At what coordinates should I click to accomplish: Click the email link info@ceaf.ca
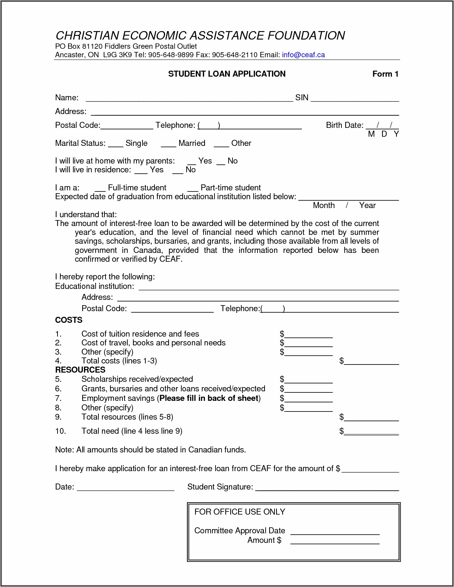click(303, 55)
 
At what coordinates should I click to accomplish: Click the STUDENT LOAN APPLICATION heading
click(226, 74)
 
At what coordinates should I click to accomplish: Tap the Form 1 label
click(385, 74)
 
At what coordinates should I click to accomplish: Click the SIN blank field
click(355, 99)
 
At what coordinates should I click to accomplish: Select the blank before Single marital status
click(115, 144)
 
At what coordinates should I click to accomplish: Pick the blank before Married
click(168, 144)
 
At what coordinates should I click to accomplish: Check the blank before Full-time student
click(100, 189)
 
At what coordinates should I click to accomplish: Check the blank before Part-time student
click(193, 189)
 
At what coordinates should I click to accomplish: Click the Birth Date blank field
click(382, 126)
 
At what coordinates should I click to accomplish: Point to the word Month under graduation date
click(323, 206)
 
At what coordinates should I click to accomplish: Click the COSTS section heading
click(69, 320)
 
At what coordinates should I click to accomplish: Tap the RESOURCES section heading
click(80, 370)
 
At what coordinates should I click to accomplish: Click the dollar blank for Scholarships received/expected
click(309, 380)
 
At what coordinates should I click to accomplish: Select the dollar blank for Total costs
click(371, 362)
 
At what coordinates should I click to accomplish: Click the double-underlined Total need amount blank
click(371, 432)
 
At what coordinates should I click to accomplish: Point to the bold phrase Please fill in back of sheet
click(209, 398)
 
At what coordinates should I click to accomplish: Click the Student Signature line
click(327, 488)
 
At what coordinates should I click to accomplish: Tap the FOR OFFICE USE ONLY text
click(240, 512)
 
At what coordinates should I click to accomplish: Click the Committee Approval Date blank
click(335, 532)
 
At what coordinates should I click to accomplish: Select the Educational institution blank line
click(268, 287)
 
